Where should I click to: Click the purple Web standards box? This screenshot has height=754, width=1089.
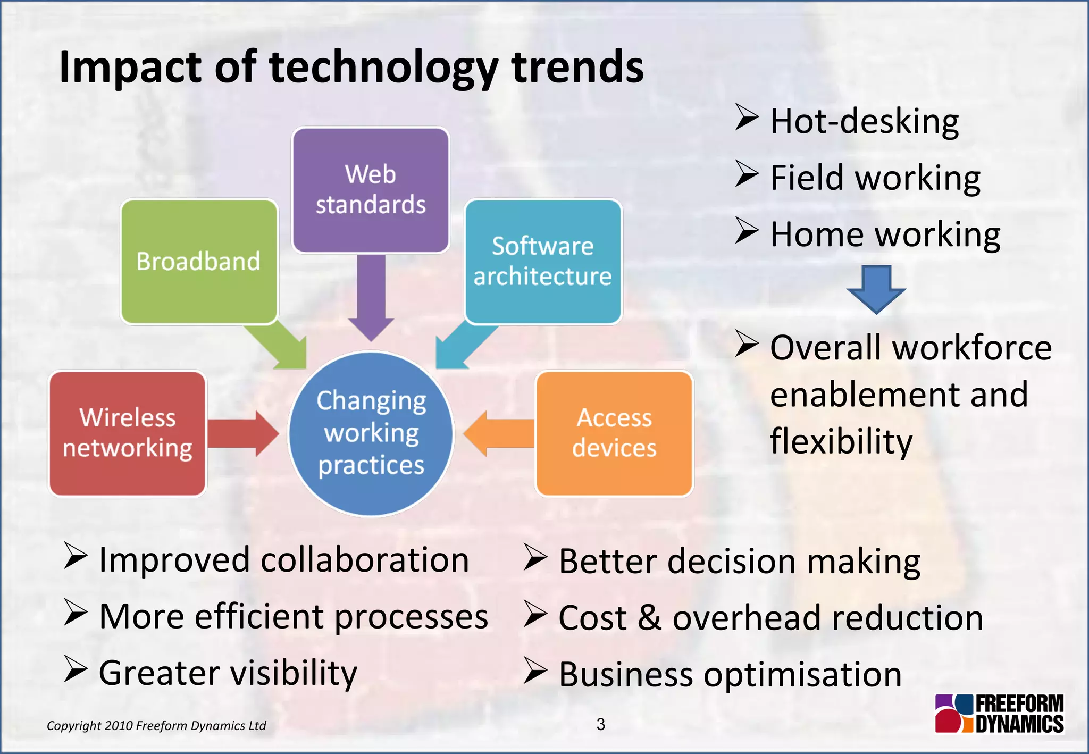pyautogui.click(x=371, y=190)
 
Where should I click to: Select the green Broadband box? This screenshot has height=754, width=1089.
pyautogui.click(x=199, y=261)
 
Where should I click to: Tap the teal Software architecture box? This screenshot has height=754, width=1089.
pyautogui.click(x=543, y=261)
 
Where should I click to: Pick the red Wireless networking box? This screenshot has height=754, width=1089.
pyautogui.click(x=128, y=433)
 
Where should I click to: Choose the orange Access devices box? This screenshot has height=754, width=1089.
pyautogui.click(x=614, y=433)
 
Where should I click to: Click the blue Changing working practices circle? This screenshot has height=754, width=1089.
pyautogui.click(x=371, y=433)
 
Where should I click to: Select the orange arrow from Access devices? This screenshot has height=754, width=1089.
pyautogui.click(x=500, y=433)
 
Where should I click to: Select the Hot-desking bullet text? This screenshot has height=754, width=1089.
pyautogui.click(x=864, y=121)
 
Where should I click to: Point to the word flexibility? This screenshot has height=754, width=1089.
pyautogui.click(x=841, y=441)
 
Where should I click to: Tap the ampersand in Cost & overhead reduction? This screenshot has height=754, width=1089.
pyautogui.click(x=649, y=618)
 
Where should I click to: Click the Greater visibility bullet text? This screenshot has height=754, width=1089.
pyautogui.click(x=228, y=673)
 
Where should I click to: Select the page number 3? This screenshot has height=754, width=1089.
pyautogui.click(x=600, y=724)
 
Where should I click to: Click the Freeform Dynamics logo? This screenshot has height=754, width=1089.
pyautogui.click(x=999, y=714)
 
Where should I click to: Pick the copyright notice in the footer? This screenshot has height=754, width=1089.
pyautogui.click(x=156, y=726)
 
